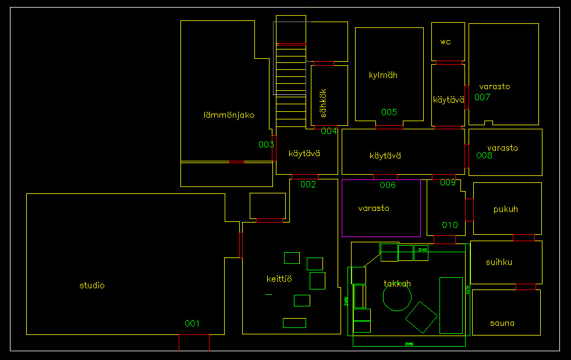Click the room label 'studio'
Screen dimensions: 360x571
coord(92,285)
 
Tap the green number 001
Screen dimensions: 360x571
coord(192,324)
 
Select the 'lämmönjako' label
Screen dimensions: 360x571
coord(229,115)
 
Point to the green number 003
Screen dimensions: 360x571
coord(266,144)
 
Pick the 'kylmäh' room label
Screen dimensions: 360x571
coord(383,75)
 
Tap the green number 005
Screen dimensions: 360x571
coord(389,112)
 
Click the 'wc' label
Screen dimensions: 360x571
coord(445,42)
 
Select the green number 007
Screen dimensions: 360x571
coord(482,97)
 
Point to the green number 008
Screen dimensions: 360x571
coord(484,156)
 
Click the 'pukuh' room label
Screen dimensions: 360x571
coord(505,209)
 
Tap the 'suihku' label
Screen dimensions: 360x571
coord(499,262)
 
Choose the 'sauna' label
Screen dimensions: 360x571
coord(502,323)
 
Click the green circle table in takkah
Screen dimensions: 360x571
coord(397,297)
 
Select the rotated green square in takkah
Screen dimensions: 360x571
coord(421,317)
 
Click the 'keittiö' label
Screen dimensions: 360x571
coord(279,280)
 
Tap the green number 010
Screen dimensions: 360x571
coord(450,225)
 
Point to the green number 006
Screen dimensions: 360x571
coord(388,185)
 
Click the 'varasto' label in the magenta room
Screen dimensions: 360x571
coord(374,208)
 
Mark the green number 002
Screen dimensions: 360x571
coord(308,185)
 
